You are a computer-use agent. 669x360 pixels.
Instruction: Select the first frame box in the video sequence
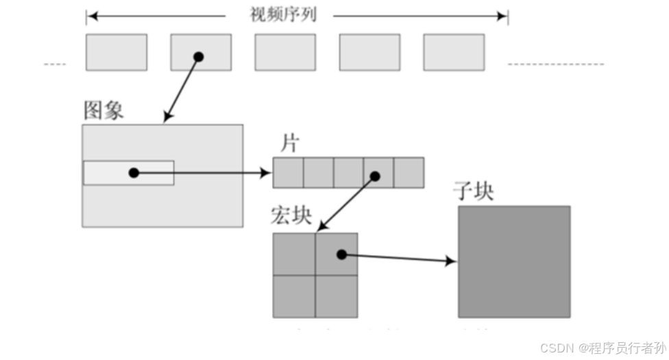coord(116,52)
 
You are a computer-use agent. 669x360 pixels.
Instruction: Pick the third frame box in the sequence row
coord(285,52)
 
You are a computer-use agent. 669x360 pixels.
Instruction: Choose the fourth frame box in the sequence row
coord(369,52)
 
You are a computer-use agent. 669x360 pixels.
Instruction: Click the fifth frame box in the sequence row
coord(454,52)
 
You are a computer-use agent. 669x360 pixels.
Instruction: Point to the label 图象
coord(104,111)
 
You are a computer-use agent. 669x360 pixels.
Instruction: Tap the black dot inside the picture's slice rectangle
coord(134,173)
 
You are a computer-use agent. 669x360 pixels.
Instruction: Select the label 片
coord(289,144)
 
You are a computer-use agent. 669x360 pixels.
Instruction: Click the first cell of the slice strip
coord(288,173)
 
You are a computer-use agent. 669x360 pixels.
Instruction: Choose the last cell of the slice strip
coord(409,173)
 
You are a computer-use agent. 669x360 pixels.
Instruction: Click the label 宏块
coord(291,217)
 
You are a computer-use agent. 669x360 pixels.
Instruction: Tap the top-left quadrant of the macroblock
coord(294,254)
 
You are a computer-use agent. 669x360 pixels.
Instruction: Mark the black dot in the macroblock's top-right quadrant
coord(341,254)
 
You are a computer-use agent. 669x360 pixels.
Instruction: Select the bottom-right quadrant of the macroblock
coord(337,296)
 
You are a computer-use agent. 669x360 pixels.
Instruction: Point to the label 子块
coord(473,191)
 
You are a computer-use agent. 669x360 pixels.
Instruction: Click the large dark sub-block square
coord(514,262)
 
